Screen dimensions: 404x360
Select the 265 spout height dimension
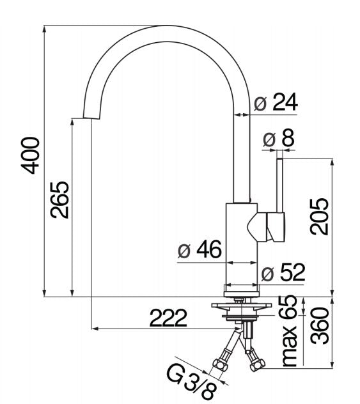[x=60, y=199]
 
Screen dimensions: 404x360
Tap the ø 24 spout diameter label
[x=276, y=102]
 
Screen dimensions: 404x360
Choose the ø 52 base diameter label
[x=283, y=273]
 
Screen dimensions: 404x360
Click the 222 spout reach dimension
[x=168, y=317]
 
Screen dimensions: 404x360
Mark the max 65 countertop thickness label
[x=288, y=331]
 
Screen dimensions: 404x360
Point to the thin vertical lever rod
[x=280, y=182]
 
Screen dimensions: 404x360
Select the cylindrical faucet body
[x=242, y=243]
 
